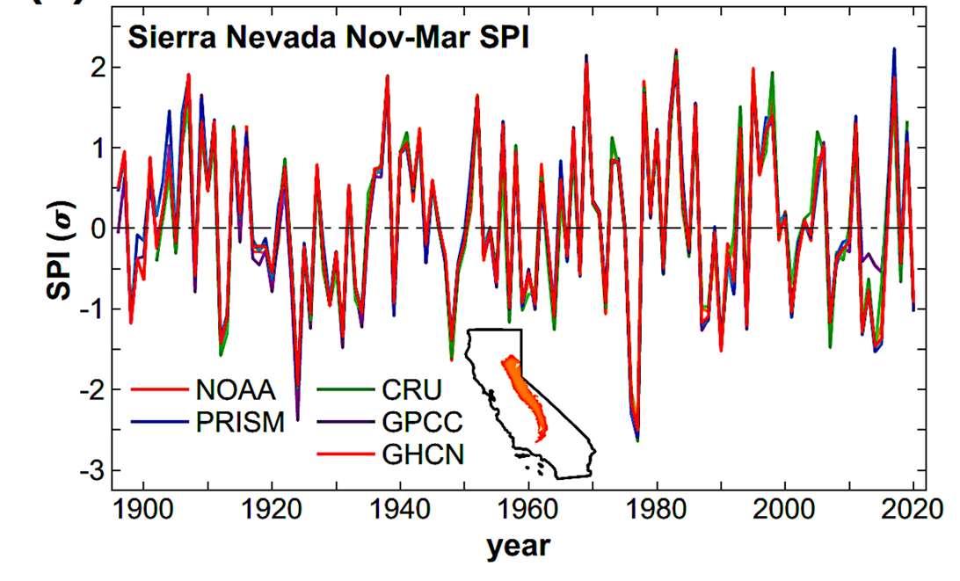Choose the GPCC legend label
[x=419, y=422]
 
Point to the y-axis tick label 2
[x=98, y=68]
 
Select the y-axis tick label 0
[x=98, y=229]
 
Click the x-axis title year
[x=518, y=547]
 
